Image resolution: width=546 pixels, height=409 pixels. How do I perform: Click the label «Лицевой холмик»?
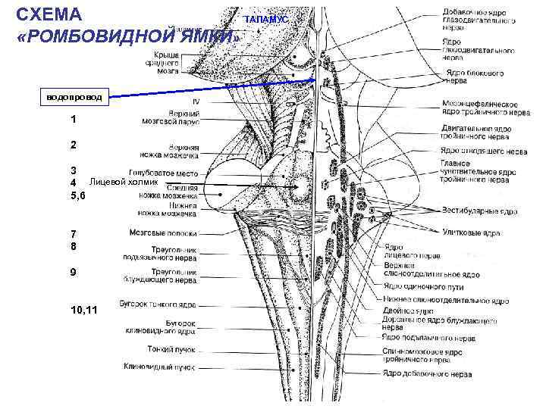click(x=124, y=183)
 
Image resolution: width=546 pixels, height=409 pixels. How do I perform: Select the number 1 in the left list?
click(x=73, y=120)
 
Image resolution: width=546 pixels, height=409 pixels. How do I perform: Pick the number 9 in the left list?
click(x=73, y=272)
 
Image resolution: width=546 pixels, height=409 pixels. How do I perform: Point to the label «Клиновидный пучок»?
click(x=162, y=367)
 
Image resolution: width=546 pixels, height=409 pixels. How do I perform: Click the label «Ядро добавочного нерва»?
click(x=427, y=373)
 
